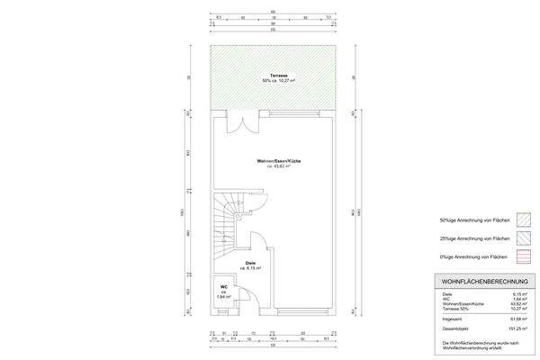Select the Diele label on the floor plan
pos(251,263)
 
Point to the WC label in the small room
pos(223,286)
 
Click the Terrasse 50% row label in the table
pos(453,309)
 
